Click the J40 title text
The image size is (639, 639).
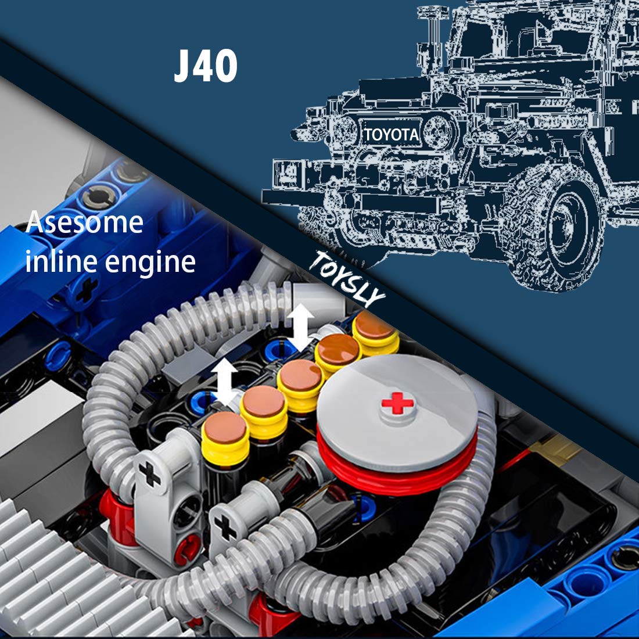(x=206, y=66)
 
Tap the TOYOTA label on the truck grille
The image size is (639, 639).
(x=391, y=135)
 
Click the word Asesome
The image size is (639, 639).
(x=84, y=222)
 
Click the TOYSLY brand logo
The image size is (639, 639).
(x=346, y=279)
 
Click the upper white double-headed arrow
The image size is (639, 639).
(x=301, y=328)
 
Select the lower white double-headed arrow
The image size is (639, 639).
(x=224, y=382)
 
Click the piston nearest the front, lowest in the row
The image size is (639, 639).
(x=225, y=438)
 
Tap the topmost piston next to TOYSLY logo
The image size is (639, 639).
(x=375, y=332)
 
